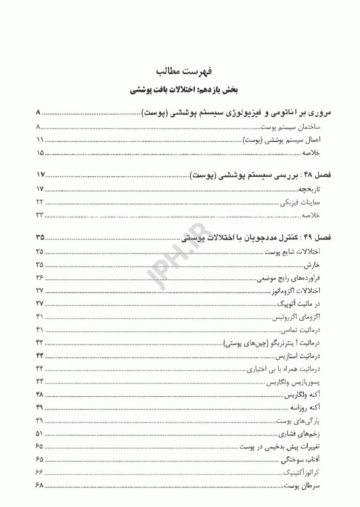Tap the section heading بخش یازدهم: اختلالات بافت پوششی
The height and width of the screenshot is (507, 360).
click(x=180, y=88)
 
